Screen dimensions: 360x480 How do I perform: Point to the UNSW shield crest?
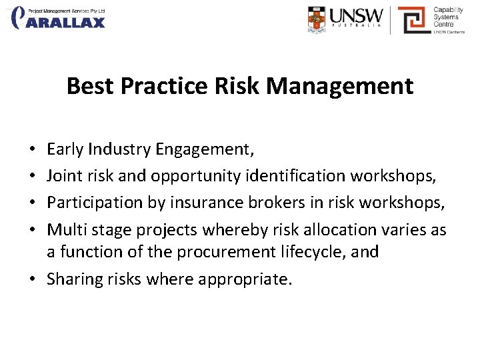click(317, 19)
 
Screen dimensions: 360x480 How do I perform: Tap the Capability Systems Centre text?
click(447, 18)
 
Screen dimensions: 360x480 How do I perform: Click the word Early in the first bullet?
click(65, 149)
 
